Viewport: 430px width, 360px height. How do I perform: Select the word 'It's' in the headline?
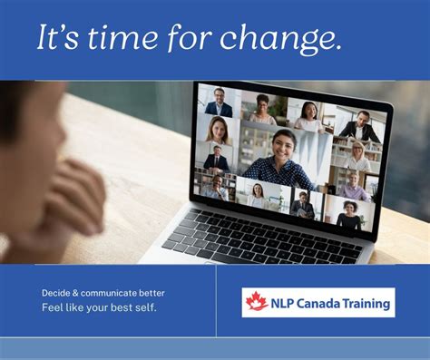pyautogui.click(x=57, y=39)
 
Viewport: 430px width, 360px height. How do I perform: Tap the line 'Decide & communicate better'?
pyautogui.click(x=103, y=293)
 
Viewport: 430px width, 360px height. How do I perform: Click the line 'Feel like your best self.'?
pyautogui.click(x=99, y=308)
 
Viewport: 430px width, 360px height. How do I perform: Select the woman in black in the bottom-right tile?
pyautogui.click(x=349, y=216)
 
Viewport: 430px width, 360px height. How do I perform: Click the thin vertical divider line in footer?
pyautogui.click(x=216, y=301)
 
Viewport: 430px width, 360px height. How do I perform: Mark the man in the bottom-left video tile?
pyautogui.click(x=211, y=187)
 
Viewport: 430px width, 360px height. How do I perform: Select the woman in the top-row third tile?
pyautogui.click(x=308, y=115)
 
